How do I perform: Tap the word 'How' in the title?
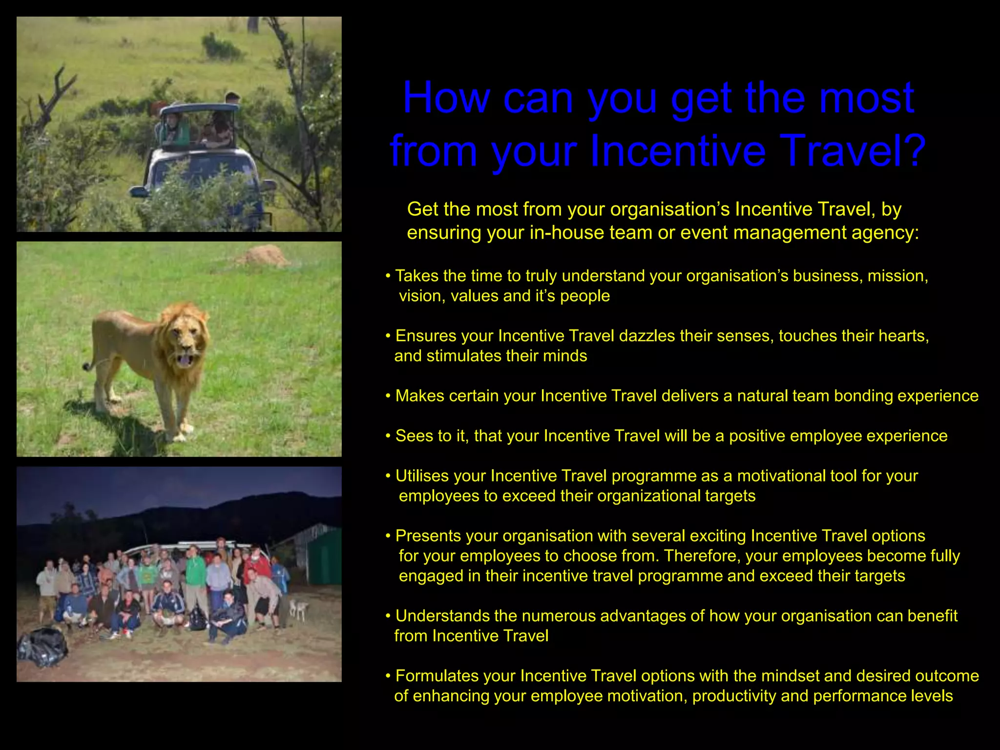446,98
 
